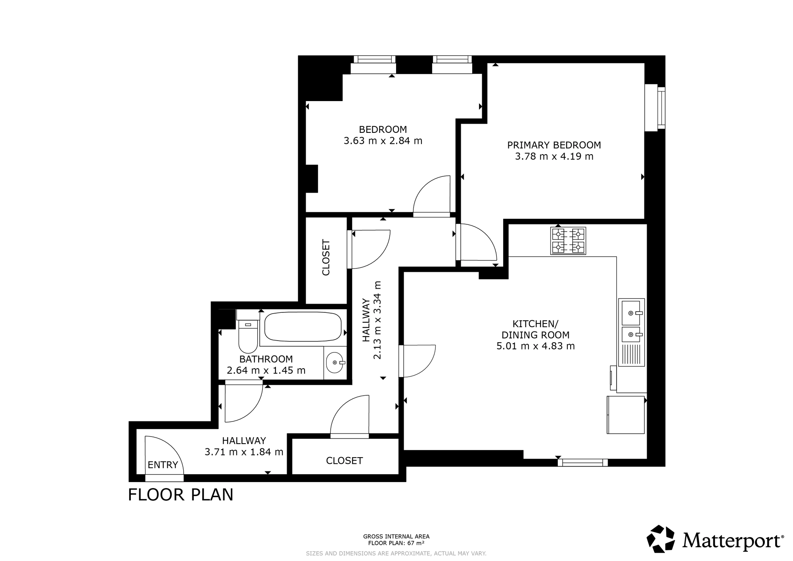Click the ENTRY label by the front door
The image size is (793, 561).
(163, 465)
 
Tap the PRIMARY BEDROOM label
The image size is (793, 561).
(554, 145)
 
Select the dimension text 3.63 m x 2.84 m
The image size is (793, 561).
(383, 141)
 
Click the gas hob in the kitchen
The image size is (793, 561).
(568, 241)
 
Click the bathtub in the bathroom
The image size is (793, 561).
(303, 327)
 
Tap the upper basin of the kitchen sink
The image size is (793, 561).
(631, 312)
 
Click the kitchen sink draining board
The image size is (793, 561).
(631, 354)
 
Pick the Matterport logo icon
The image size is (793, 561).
(661, 539)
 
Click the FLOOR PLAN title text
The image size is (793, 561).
(181, 495)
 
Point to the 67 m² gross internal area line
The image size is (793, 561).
(396, 543)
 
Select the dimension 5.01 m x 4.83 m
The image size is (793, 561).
(536, 346)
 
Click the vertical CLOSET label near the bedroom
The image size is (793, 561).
(326, 257)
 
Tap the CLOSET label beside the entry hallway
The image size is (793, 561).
(344, 461)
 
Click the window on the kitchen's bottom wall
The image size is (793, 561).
(582, 462)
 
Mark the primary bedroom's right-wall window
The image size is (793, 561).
(655, 107)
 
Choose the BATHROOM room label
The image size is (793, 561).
(266, 359)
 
